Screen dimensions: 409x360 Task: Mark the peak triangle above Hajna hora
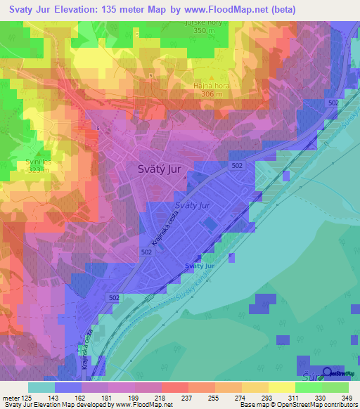pyautogui.click(x=212, y=78)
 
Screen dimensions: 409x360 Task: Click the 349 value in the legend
pyautogui.click(x=347, y=398)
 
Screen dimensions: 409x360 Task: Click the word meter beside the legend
pyautogui.click(x=12, y=398)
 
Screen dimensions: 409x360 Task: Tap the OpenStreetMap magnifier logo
pyautogui.click(x=328, y=373)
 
